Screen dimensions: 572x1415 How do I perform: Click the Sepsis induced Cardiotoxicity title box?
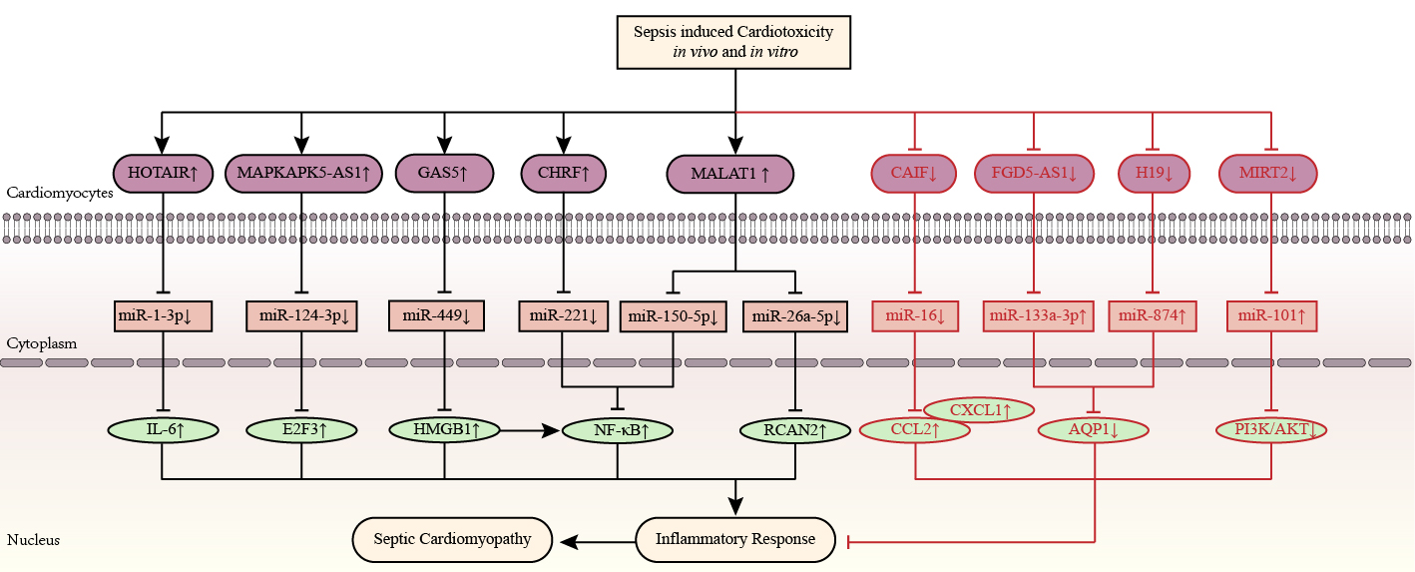coord(735,42)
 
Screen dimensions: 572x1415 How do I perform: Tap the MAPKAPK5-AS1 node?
coord(304,173)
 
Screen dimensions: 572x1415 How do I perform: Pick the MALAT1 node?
coord(729,174)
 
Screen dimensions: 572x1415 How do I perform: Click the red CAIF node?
coord(913,174)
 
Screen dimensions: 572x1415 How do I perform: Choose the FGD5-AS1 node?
coord(1033,174)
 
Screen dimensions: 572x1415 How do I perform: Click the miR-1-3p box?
coord(161,315)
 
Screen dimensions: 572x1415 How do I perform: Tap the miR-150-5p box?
coord(674,317)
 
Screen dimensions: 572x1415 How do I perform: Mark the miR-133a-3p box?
coord(1037,316)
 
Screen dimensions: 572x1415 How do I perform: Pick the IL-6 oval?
coord(162,430)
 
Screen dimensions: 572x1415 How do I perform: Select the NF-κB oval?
coord(618,431)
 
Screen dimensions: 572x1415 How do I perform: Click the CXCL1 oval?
coord(979,409)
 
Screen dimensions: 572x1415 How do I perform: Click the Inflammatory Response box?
coord(734,540)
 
